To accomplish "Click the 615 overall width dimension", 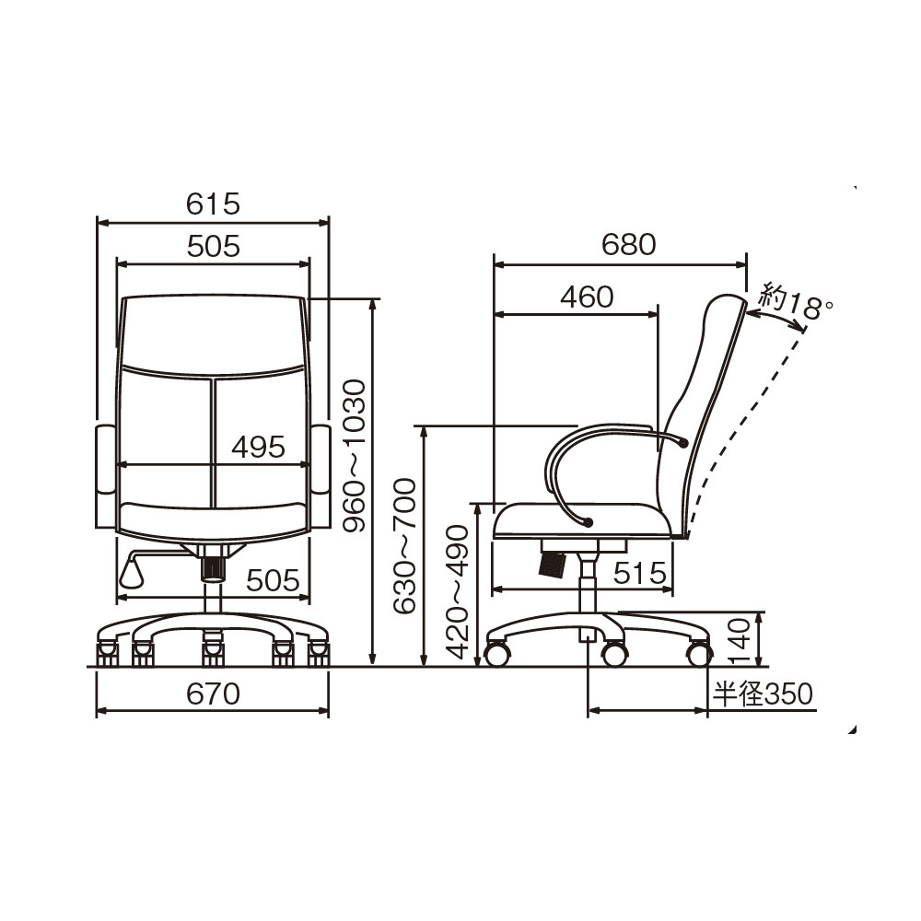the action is pos(214,204).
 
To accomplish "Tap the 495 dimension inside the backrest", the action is pos(258,447).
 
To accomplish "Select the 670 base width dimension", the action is pos(214,694).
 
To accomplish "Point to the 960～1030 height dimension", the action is pos(355,456).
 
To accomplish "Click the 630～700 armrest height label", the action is pos(404,546).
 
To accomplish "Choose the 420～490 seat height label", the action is pos(458,591).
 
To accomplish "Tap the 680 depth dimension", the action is pos(628,244).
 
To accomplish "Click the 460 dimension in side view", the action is pos(587,297).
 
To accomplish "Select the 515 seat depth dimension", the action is pos(640,573).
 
